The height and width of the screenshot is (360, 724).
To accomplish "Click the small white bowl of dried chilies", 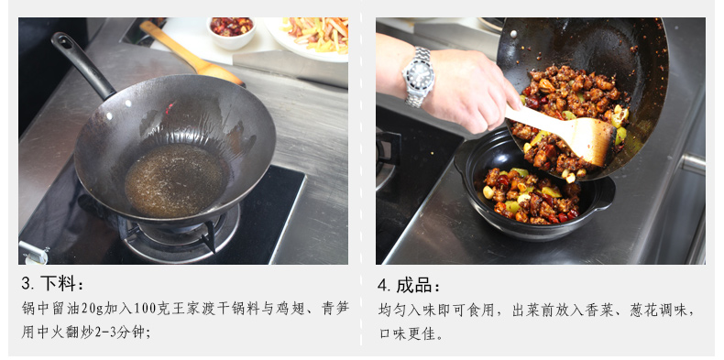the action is (x=231, y=32).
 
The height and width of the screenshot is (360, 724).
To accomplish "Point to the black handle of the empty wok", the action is (x=82, y=64).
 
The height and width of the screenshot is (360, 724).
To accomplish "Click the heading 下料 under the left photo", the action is (x=58, y=284).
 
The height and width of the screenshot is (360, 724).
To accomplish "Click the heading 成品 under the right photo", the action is (x=413, y=285).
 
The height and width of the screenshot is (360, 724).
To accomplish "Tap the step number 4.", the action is (x=384, y=285).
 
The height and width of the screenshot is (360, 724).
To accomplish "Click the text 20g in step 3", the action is (x=93, y=309).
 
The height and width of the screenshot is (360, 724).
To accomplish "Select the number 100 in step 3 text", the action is (x=144, y=309).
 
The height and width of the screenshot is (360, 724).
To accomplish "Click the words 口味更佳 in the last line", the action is (x=407, y=333).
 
